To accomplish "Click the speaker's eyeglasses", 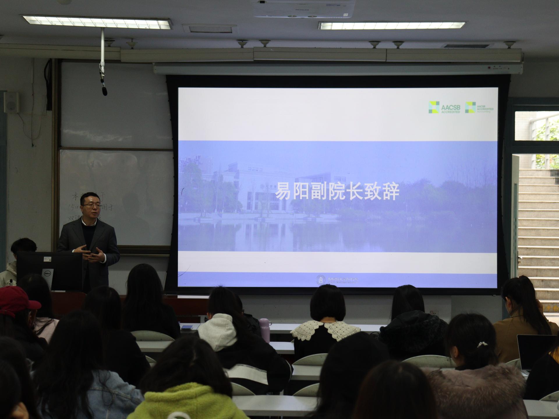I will click(x=91, y=205).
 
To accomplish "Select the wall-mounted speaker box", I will click(x=12, y=102).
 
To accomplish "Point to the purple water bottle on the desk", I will click(x=265, y=330).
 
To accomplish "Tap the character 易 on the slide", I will click(x=283, y=191).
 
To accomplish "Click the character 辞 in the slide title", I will click(x=390, y=191).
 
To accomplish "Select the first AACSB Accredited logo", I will click(x=444, y=107).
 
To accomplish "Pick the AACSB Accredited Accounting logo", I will click(x=479, y=107).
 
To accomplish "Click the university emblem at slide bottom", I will click(x=321, y=280).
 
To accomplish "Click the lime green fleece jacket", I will click(x=186, y=403).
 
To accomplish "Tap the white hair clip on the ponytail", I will click(x=482, y=345).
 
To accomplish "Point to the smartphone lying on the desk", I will click(x=187, y=327).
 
